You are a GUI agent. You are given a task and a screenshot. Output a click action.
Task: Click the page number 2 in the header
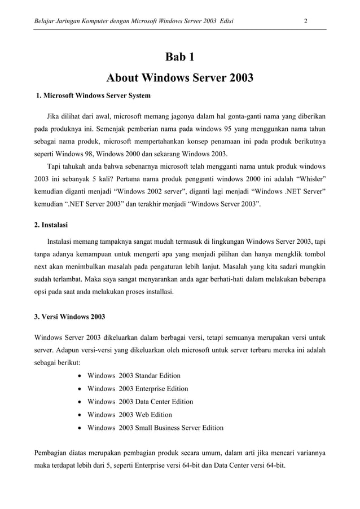(x=305, y=21)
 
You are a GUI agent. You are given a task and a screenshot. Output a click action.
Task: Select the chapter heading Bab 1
(x=179, y=57)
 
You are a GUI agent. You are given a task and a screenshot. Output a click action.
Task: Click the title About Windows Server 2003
(x=179, y=77)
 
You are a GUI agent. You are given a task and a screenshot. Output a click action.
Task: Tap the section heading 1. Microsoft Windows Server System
(x=93, y=96)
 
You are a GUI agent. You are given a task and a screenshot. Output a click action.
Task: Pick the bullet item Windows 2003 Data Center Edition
(x=140, y=402)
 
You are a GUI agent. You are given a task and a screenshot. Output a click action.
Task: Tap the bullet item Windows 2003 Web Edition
(x=130, y=415)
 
